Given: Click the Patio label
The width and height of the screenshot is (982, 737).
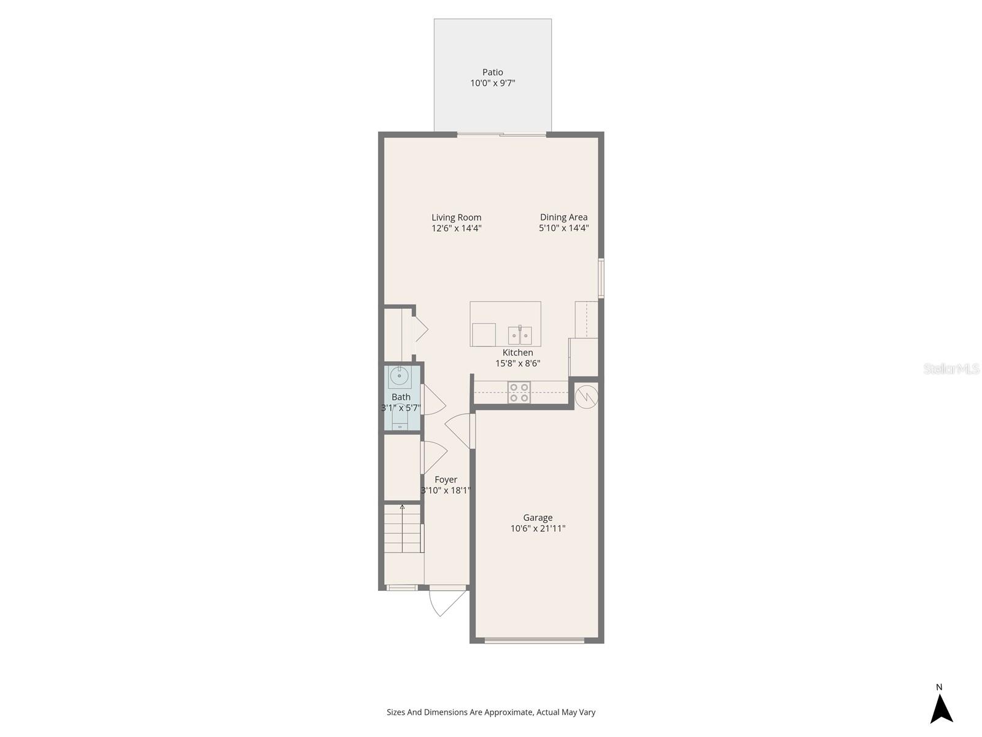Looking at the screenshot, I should [x=492, y=72].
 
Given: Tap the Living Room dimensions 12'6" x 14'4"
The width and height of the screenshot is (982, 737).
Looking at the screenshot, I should [x=456, y=228].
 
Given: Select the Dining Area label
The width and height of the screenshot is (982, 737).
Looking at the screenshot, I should [x=563, y=217].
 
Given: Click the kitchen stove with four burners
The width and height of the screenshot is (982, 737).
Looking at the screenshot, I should [x=519, y=392].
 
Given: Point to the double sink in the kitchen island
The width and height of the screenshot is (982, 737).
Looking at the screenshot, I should [x=520, y=336].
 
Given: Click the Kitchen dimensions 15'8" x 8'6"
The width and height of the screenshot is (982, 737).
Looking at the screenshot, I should [x=517, y=364].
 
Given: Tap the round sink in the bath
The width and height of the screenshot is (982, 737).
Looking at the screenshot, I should [x=400, y=376].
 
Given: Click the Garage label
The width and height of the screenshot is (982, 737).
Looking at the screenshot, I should [x=538, y=518].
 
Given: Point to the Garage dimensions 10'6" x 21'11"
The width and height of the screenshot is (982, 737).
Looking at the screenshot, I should [x=538, y=529].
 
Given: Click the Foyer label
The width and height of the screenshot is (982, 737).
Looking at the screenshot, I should [x=446, y=480].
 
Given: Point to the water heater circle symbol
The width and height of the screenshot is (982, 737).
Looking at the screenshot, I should [x=586, y=396].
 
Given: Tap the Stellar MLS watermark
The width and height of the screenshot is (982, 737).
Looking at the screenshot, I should [x=951, y=369].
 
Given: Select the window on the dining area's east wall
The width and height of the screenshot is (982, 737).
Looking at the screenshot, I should [x=601, y=278].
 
